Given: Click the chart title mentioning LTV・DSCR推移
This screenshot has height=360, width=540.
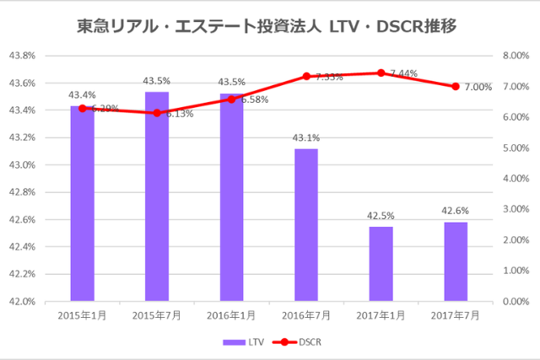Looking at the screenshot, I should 270,26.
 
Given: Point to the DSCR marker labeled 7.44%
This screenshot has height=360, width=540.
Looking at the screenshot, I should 381,73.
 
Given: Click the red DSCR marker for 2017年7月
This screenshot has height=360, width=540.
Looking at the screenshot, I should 456,86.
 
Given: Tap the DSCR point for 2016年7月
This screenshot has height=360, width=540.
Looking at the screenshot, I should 306,76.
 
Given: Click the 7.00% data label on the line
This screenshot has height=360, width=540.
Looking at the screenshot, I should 478,87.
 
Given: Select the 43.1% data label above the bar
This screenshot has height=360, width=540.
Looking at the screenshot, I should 306,137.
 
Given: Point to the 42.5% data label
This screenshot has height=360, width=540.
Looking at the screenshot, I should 381,216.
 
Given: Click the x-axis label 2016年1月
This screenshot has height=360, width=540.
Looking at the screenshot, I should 231,315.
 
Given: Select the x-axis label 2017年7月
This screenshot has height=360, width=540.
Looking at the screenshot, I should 456,315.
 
